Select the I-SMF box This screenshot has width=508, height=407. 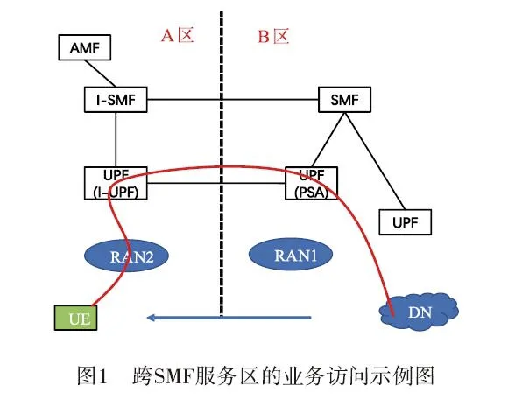[116, 99]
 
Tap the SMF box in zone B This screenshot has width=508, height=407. [344, 99]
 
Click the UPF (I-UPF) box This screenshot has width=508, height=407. [116, 182]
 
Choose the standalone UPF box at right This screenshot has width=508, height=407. [404, 222]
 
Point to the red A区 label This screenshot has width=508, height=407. [178, 36]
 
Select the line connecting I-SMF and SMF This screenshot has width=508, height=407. [228, 99]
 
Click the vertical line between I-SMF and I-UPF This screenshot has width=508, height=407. [116, 138]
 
